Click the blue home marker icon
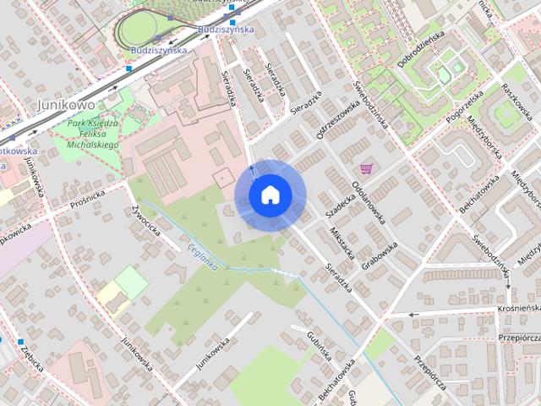[x=270, y=195]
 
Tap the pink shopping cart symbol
[x=366, y=167]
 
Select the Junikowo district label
[x=64, y=105]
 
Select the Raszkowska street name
[x=514, y=100]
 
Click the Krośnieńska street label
[x=519, y=309]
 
